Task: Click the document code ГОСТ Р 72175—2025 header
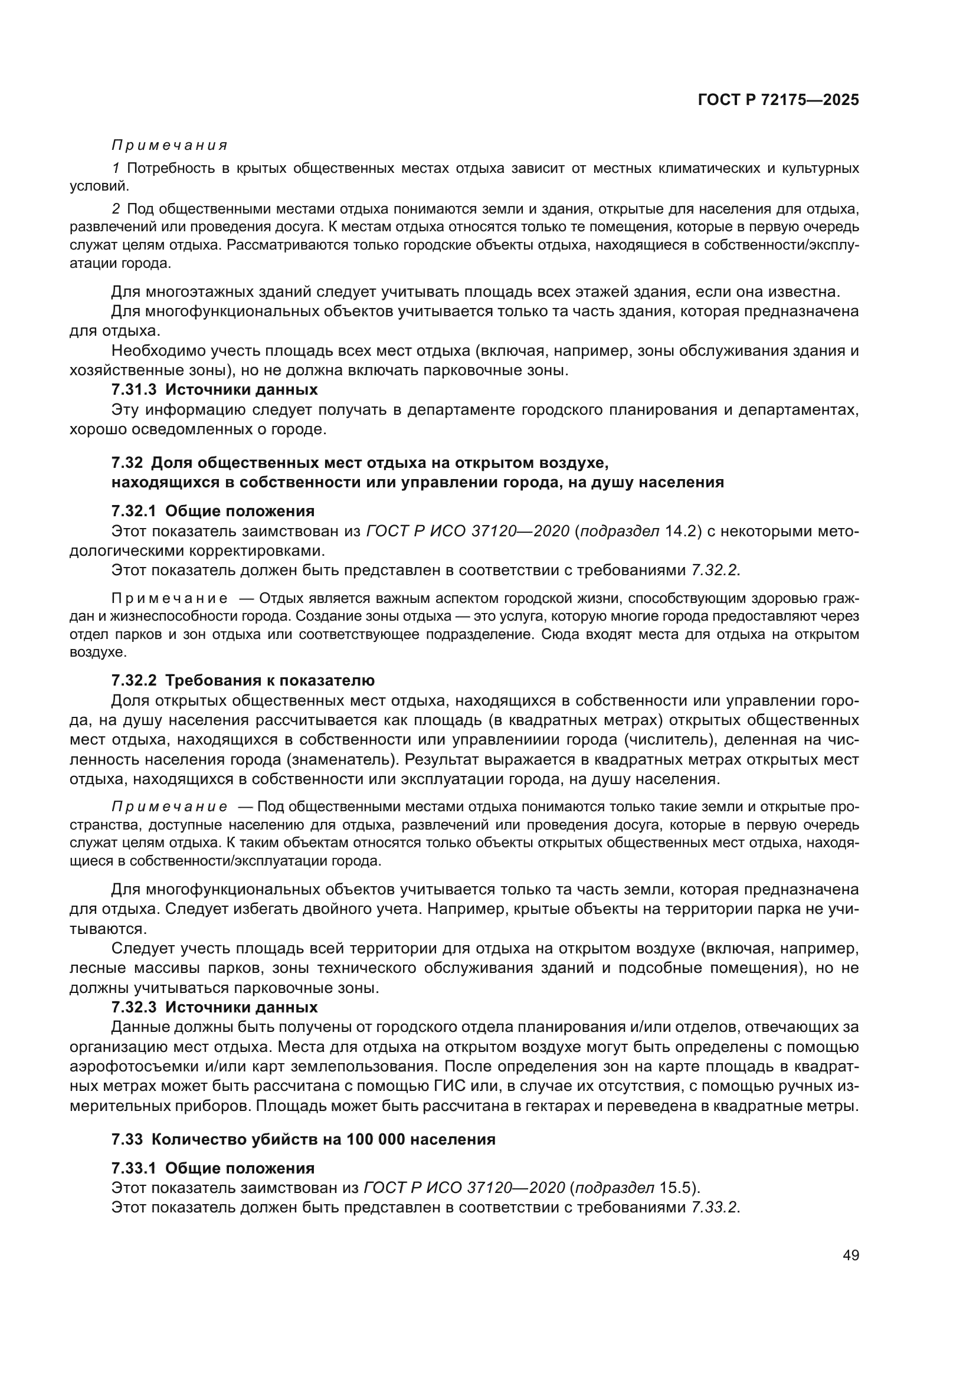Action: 778,100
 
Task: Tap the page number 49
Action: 850,1255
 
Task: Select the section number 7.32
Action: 127,463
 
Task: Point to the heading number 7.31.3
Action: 133,389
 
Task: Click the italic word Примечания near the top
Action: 169,146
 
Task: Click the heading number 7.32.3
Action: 133,1007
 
